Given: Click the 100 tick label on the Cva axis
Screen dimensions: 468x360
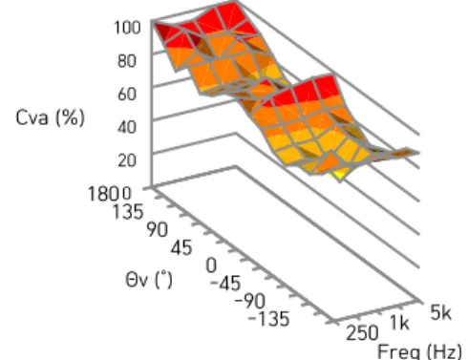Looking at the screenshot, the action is coord(127,28).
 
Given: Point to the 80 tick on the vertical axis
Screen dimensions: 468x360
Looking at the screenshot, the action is coord(127,60).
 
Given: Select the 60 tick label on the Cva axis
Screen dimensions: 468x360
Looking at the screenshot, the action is coord(127,94).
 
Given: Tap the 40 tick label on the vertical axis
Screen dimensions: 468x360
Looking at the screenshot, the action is coord(127,127).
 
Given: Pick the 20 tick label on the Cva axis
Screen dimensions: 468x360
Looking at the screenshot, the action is coord(127,160).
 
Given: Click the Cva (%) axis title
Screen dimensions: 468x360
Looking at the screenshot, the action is coord(51,118).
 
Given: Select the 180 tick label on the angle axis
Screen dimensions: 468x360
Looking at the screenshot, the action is coord(103,194).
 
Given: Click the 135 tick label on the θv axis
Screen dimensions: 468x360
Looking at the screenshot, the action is coord(128,212).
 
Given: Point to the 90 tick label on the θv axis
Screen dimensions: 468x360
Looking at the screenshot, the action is coord(157,229).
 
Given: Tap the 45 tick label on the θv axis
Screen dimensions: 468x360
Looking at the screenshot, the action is coord(181,247).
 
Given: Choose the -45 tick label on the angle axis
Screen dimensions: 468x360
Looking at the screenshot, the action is coord(225,283).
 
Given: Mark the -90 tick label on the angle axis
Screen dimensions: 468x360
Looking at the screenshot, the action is coord(250,301).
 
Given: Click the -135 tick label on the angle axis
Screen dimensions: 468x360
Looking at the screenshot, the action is coord(269,319).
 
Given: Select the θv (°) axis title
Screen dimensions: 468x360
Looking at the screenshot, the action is coord(149,280).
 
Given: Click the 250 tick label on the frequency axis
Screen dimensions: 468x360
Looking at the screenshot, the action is coord(362,333).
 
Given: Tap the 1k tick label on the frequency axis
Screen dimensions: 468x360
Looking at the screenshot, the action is coord(399,324).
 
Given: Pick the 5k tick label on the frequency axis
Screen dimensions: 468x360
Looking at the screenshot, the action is coord(440,312).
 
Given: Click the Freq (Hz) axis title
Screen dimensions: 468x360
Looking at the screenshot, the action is coord(419,351).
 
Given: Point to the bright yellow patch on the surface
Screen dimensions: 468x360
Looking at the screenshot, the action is coord(337,176).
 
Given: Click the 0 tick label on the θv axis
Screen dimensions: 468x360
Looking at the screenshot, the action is coord(211,265).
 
